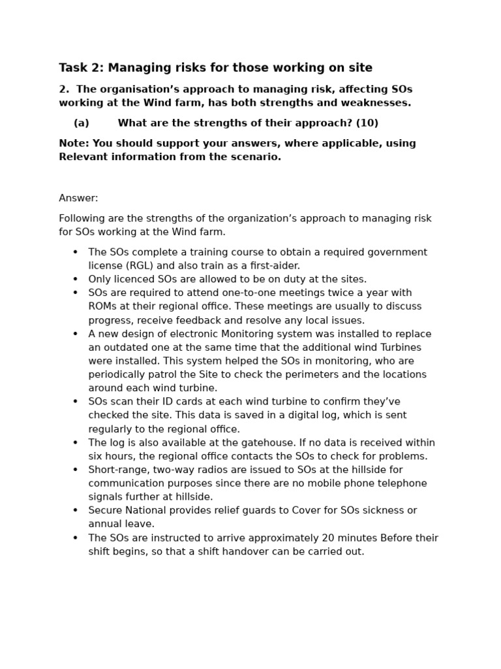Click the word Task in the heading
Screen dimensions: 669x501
point(72,68)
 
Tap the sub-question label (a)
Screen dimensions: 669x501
point(81,123)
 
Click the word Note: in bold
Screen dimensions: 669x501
point(74,143)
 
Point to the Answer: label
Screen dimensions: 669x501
point(78,198)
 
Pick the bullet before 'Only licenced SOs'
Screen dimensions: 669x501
point(75,280)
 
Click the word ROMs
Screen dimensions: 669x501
point(103,306)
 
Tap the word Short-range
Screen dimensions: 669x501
point(115,470)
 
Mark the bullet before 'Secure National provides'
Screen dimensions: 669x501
point(75,511)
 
